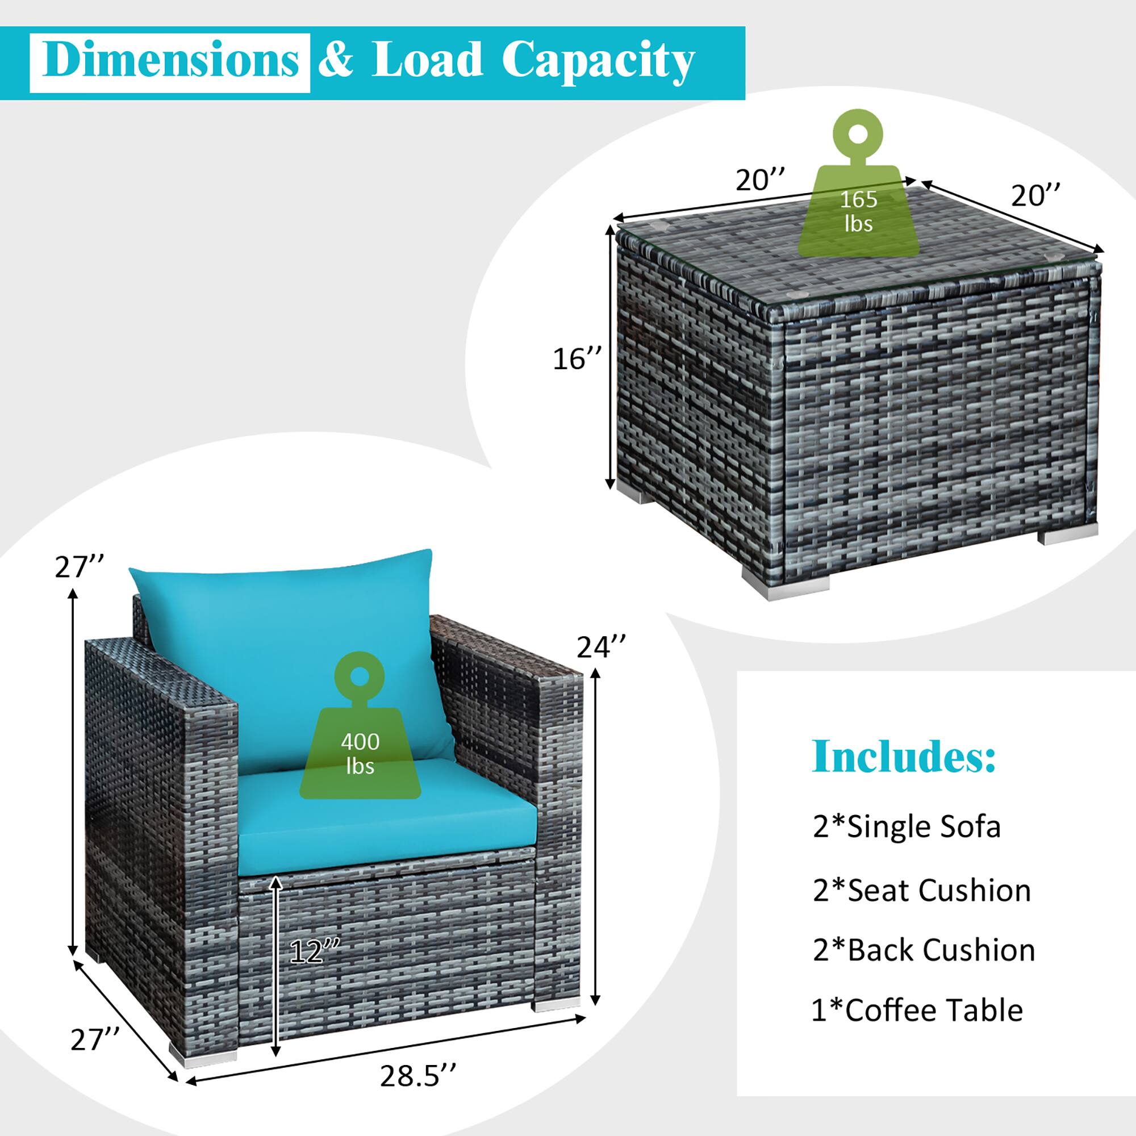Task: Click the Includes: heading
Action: coord(904,757)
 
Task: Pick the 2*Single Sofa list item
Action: coord(906,826)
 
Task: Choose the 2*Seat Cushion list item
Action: coord(921,890)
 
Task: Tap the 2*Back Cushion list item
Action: coord(924,950)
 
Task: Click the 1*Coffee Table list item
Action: coord(917,1010)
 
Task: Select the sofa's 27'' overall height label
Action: coord(80,567)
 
